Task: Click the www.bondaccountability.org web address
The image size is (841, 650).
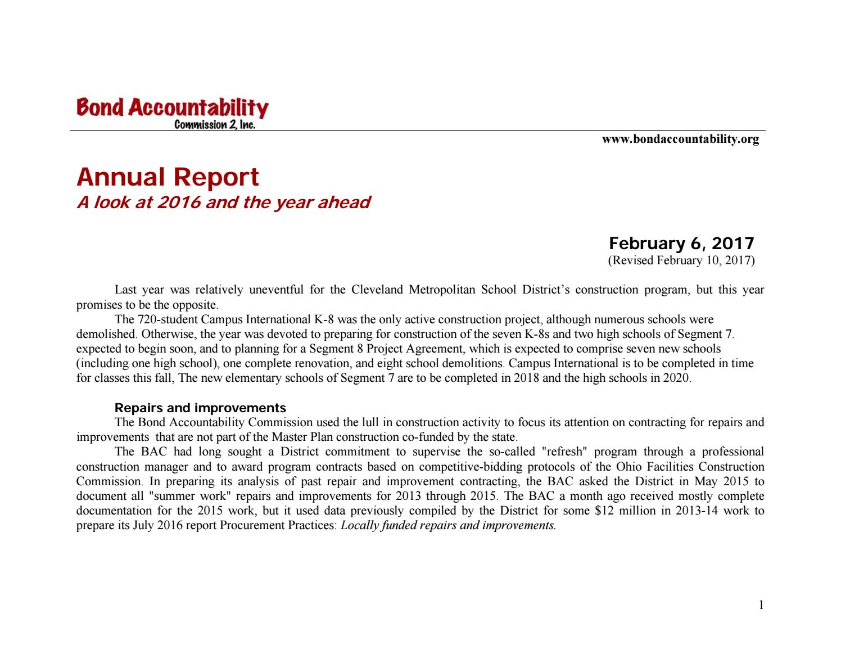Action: (680, 139)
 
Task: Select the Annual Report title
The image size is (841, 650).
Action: (168, 177)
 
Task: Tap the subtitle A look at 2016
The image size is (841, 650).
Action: (223, 202)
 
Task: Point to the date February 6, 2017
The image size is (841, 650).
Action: (681, 243)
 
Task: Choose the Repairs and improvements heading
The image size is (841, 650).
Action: (200, 408)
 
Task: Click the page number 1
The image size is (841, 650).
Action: (761, 606)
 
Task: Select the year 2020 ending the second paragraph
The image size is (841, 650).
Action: (676, 378)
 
